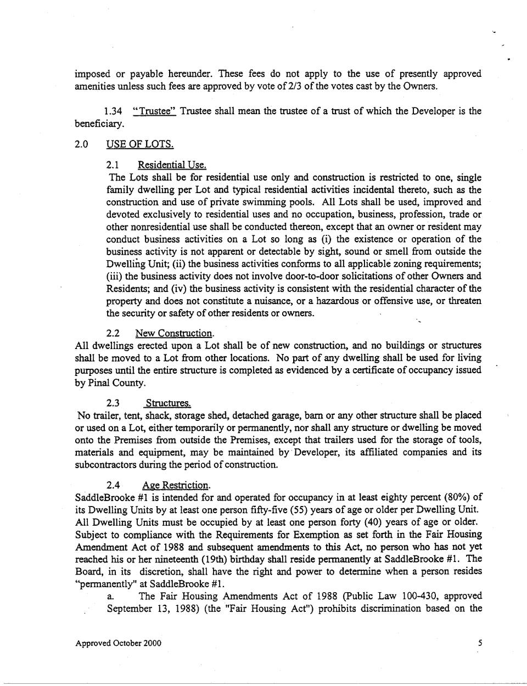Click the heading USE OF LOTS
point(140,144)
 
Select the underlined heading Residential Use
point(172,165)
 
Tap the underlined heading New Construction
point(175,333)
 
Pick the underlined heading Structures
point(168,403)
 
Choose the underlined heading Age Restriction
point(176,485)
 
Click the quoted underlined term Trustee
point(154,111)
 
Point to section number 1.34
point(113,111)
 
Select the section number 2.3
point(114,403)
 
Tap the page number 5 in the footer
point(480,643)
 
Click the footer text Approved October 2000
point(118,643)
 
